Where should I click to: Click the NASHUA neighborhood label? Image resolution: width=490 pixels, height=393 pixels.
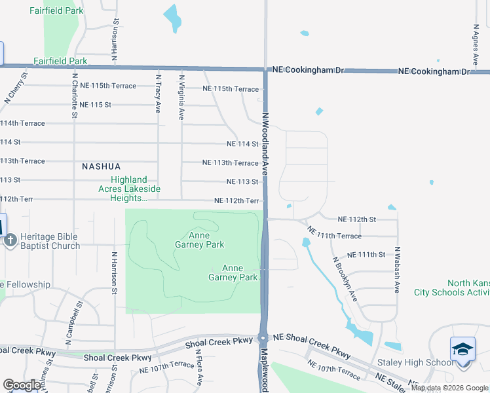point(102,166)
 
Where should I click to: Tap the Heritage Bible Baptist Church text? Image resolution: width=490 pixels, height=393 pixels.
point(50,241)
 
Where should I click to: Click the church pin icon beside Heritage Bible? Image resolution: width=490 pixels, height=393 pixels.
point(10,240)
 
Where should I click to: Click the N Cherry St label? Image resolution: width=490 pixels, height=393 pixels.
point(16,88)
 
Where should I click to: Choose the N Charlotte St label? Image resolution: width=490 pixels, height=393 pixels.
point(75,96)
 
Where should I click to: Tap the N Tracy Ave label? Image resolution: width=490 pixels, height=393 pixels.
point(158,94)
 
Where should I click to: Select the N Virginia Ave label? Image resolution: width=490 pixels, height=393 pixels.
point(181,96)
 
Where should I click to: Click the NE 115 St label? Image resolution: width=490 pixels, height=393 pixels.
point(92,105)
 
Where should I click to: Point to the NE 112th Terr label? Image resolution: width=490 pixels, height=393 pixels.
point(236,201)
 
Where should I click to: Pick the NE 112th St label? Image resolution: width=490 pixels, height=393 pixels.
point(357,219)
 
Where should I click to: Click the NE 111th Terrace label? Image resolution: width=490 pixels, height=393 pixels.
point(334,234)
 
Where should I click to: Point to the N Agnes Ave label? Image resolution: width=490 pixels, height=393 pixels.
point(475,46)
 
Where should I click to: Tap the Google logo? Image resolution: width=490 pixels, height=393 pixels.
point(22,385)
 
